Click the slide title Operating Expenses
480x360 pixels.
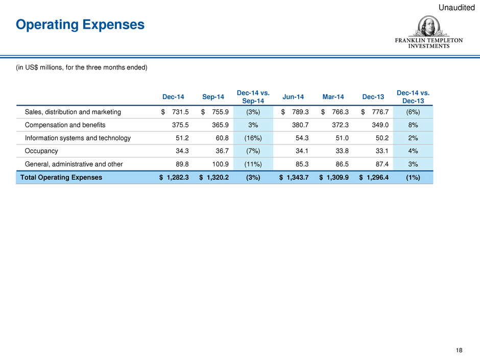click(x=80, y=25)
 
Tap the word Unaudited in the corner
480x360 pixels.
click(x=457, y=8)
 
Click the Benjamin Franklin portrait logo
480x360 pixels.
click(x=429, y=27)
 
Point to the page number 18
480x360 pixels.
click(x=459, y=350)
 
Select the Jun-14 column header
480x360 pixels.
click(x=293, y=97)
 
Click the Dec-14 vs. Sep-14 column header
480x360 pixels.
click(x=253, y=97)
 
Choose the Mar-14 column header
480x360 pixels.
click(x=333, y=97)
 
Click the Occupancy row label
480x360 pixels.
click(x=41, y=151)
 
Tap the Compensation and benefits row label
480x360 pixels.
click(x=65, y=125)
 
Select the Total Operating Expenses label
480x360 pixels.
click(x=61, y=177)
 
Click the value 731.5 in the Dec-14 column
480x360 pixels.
click(x=180, y=112)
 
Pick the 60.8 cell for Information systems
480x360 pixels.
click(x=222, y=138)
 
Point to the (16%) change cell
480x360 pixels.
click(x=253, y=138)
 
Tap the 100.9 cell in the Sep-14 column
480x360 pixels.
click(x=221, y=164)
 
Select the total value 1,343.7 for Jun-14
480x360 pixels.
click(x=298, y=177)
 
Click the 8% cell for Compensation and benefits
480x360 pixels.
click(x=413, y=125)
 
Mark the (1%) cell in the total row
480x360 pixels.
click(x=413, y=177)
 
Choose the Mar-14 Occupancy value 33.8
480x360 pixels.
click(x=342, y=151)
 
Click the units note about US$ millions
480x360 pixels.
click(x=82, y=67)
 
